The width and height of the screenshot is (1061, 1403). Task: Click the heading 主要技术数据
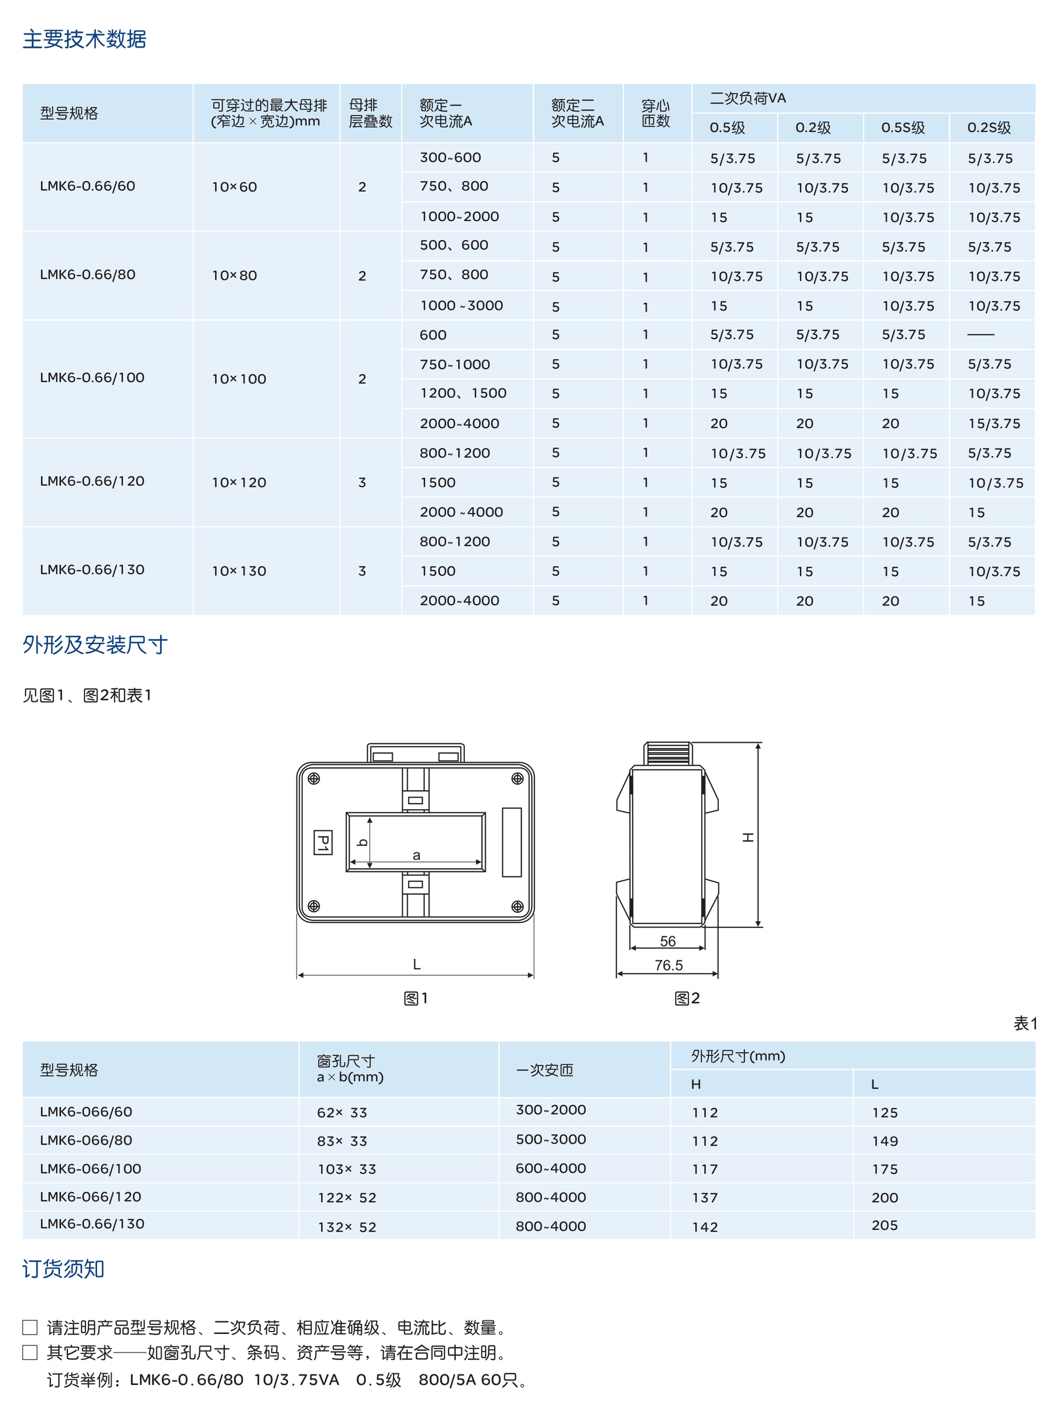point(84,39)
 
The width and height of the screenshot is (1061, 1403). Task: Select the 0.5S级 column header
point(902,127)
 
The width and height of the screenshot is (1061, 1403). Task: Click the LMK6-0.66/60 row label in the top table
point(88,186)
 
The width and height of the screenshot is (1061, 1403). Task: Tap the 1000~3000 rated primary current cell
point(461,306)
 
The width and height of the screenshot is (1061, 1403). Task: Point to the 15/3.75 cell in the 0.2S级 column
point(994,423)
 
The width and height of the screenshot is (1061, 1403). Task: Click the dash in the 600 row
point(980,334)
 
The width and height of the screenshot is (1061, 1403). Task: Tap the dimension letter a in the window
point(416,855)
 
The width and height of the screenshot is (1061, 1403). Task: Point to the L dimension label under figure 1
point(416,965)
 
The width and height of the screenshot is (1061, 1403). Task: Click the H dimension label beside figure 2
point(749,837)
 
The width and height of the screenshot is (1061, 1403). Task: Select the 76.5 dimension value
point(668,965)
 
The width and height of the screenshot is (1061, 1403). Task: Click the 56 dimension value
point(668,941)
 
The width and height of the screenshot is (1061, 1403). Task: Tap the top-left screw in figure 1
point(314,779)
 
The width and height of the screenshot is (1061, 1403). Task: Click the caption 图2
point(687,998)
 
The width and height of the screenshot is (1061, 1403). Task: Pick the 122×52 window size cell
point(347,1198)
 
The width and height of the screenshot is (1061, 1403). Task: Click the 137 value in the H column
point(705,1198)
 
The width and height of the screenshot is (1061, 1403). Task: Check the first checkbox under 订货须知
point(30,1328)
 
